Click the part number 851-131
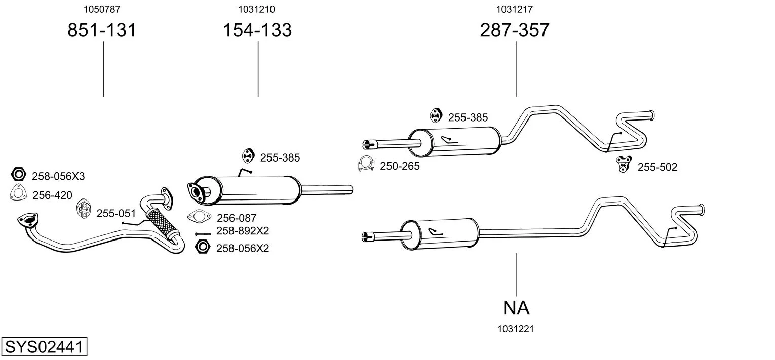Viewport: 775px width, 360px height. click(x=102, y=30)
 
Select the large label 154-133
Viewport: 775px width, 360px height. click(x=257, y=30)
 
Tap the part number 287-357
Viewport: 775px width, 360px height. click(x=515, y=30)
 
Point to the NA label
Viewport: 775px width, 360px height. click(x=516, y=307)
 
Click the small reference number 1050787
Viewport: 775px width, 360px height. click(x=102, y=9)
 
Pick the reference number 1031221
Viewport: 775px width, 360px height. click(x=516, y=329)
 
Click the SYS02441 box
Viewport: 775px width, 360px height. click(x=44, y=348)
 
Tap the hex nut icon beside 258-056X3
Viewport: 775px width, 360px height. click(x=19, y=175)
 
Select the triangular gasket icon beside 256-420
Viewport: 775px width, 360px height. click(x=18, y=194)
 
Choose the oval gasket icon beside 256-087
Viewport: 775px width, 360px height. click(x=199, y=217)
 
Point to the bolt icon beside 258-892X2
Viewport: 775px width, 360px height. click(x=203, y=234)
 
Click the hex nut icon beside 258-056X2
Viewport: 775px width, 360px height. click(x=202, y=247)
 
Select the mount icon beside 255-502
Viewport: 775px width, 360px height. click(x=623, y=164)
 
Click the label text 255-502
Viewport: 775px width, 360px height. click(x=657, y=167)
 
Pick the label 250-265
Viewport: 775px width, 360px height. click(x=400, y=166)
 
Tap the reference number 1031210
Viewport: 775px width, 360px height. click(x=257, y=9)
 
